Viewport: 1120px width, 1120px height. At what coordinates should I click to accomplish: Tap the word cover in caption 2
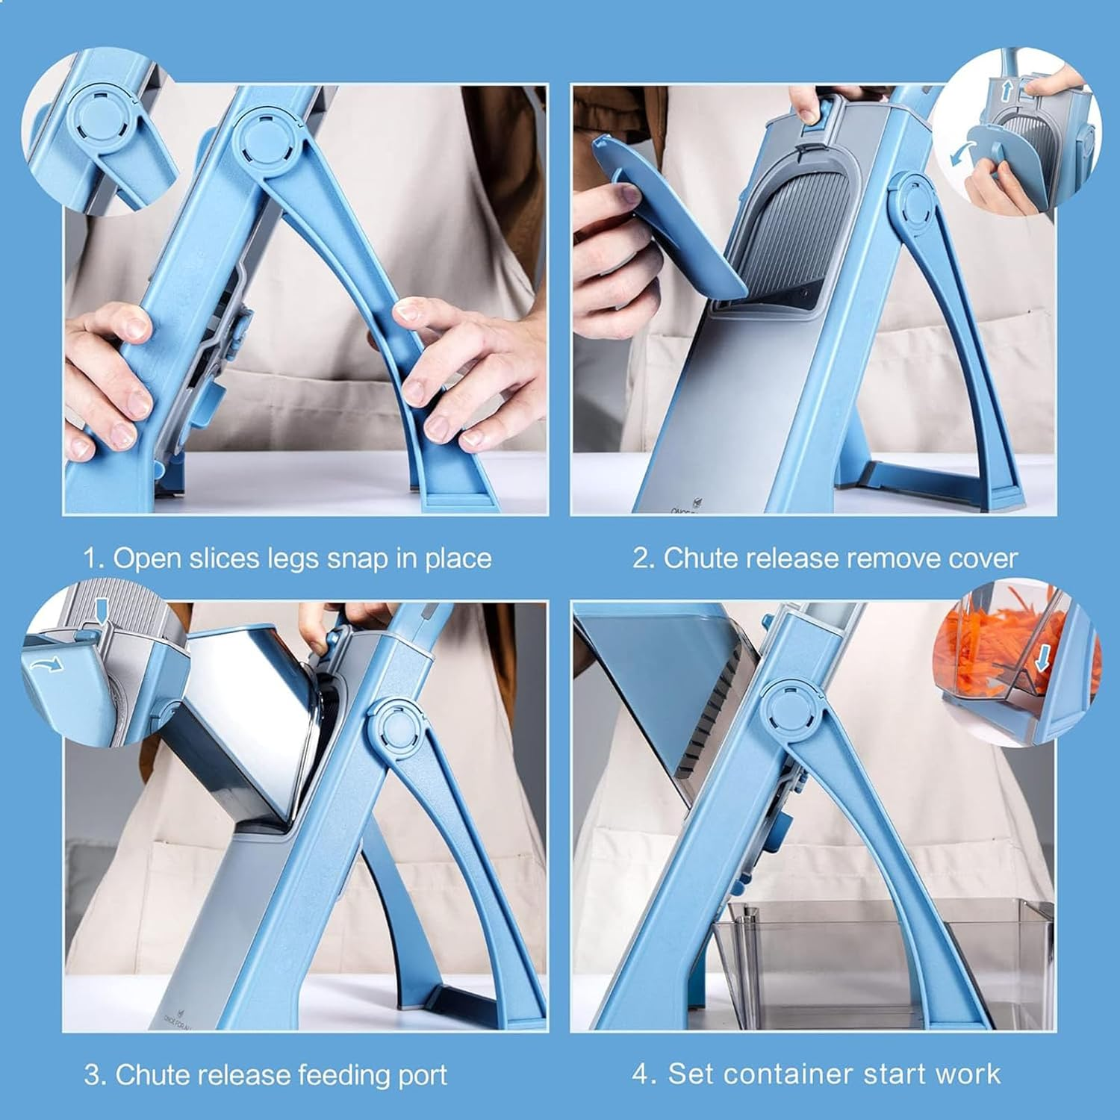pyautogui.click(x=983, y=559)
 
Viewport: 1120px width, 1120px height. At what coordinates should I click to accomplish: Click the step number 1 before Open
pyautogui.click(x=91, y=559)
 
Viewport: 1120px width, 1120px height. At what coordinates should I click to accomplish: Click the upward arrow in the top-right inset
pyautogui.click(x=1006, y=92)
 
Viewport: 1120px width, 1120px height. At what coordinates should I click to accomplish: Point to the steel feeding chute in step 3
pyautogui.click(x=246, y=717)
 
